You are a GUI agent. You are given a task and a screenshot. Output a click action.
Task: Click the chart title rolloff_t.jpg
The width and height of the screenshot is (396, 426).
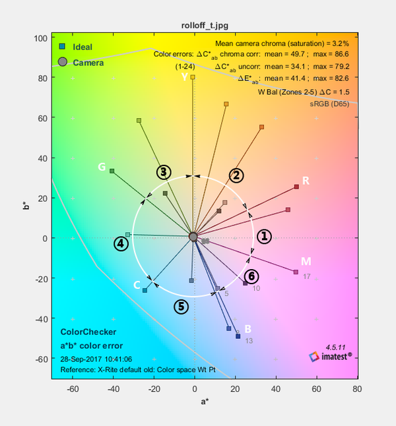(x=205, y=26)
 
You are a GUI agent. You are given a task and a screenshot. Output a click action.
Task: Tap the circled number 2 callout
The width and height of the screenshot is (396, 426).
(x=236, y=175)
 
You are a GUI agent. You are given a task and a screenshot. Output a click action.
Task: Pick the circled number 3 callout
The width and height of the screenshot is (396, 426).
(x=164, y=172)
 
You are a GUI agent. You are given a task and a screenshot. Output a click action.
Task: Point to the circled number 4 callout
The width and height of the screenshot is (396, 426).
(x=121, y=243)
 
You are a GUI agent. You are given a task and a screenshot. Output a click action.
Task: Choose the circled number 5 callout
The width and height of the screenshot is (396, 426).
(x=181, y=306)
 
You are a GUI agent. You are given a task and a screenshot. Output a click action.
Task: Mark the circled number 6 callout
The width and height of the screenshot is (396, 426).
(x=251, y=276)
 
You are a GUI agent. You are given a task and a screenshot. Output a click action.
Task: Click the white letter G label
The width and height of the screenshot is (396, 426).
(x=102, y=167)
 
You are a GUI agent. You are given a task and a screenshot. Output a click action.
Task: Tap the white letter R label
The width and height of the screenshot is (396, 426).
(x=306, y=181)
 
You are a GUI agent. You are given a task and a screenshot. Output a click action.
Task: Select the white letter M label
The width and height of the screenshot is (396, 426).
(x=306, y=262)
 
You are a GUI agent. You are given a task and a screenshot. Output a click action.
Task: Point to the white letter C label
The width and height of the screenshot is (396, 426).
(x=137, y=286)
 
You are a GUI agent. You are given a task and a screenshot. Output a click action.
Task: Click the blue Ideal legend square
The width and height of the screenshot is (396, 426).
(x=62, y=47)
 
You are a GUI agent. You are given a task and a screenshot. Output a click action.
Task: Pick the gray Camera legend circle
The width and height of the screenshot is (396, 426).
(x=63, y=62)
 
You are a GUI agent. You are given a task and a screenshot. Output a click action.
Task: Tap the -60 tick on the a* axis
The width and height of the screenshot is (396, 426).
(x=73, y=389)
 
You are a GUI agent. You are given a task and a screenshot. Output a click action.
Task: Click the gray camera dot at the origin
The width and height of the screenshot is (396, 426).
(x=193, y=236)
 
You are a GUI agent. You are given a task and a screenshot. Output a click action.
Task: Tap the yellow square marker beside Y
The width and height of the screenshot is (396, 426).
(x=193, y=77)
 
